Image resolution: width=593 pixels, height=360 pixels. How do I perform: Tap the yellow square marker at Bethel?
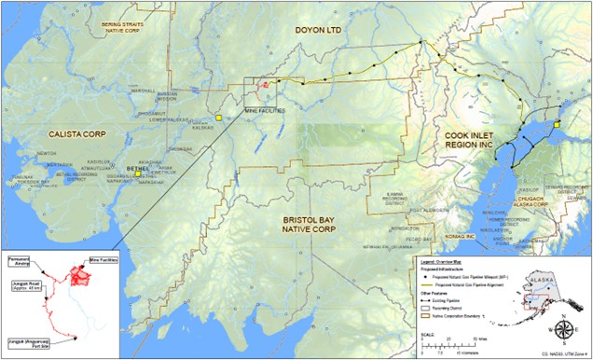(x=138, y=173)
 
